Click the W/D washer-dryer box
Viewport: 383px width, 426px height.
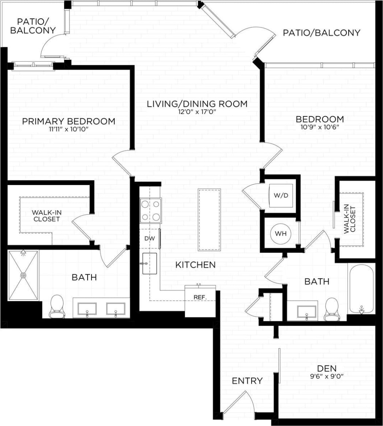click(281, 196)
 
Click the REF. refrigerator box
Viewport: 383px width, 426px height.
click(200, 300)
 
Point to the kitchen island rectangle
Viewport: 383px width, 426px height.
click(209, 220)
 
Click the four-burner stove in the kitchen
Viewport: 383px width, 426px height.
click(151, 210)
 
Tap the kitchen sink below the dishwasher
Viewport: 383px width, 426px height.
click(149, 263)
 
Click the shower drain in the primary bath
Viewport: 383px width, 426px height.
click(23, 274)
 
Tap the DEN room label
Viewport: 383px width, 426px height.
click(327, 368)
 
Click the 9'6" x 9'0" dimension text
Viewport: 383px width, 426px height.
click(327, 376)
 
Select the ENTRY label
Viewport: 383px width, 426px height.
click(247, 381)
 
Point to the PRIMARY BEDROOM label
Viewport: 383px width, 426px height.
click(69, 121)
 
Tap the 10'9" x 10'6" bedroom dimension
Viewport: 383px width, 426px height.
click(320, 127)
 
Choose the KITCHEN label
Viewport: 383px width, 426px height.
click(195, 264)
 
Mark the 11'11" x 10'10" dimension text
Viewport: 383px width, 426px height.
click(69, 129)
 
